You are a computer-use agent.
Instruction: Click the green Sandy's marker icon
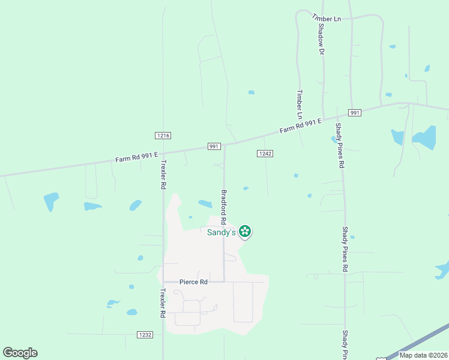click(x=245, y=231)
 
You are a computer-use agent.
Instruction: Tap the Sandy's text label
click(x=221, y=232)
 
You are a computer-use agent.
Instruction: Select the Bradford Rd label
click(x=224, y=207)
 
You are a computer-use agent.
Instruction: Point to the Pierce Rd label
click(x=193, y=281)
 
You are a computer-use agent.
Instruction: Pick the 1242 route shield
click(x=265, y=154)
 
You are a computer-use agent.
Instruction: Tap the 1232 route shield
click(x=145, y=334)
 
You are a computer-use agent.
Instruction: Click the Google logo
click(x=20, y=352)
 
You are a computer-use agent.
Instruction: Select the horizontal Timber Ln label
click(x=327, y=19)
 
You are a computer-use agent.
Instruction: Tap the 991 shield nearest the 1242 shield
click(x=214, y=146)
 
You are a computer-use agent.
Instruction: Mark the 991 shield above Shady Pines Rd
click(x=354, y=113)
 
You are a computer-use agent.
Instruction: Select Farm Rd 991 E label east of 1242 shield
click(x=300, y=125)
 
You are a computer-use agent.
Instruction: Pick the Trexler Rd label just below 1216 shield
click(x=163, y=175)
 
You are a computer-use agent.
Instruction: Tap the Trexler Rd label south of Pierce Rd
click(x=163, y=303)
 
